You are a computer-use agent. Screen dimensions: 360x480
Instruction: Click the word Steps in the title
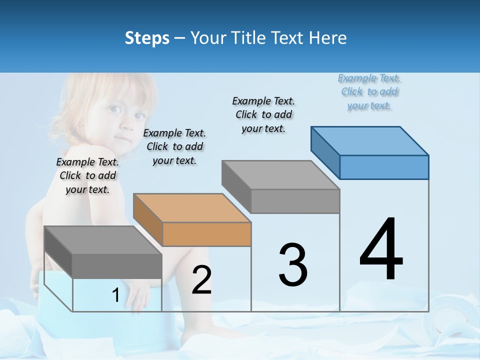pos(147,38)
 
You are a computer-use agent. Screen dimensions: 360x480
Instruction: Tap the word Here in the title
pos(328,38)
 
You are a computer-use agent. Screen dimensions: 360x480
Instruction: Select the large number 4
pos(381,250)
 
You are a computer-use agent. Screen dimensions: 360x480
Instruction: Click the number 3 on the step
pos(293,265)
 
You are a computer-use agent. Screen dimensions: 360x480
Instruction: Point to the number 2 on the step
pos(201,280)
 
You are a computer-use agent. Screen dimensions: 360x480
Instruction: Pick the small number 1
pos(115,295)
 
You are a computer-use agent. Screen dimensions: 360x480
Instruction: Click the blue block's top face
pos(370,140)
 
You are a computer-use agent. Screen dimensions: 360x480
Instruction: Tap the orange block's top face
pos(192,207)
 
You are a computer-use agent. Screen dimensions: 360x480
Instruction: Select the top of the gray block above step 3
pos(281,174)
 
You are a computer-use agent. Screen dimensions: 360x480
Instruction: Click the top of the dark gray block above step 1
pos(103,240)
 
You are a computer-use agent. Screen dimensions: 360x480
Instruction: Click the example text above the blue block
pos(369,92)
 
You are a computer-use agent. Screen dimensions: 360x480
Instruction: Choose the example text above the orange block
pos(174,146)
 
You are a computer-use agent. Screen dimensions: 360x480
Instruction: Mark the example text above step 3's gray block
pos(263,114)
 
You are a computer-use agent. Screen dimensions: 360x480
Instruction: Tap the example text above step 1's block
pos(87,175)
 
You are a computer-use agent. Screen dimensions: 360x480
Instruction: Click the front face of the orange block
pos(207,234)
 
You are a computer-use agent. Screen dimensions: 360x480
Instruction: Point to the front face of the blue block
pos(384,167)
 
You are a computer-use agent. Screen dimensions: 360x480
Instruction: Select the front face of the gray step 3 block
pos(295,201)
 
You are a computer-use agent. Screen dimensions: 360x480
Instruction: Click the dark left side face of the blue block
pos(325,152)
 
